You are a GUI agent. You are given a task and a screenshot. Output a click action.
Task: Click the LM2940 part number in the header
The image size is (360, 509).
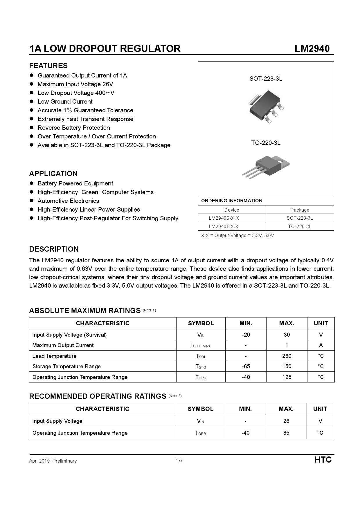(x=312, y=48)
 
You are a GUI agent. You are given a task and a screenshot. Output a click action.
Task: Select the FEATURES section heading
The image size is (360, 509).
(x=48, y=66)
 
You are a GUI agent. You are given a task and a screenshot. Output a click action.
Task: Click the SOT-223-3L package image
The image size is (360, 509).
(x=266, y=106)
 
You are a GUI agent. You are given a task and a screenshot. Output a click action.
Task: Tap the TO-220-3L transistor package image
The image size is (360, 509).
(x=266, y=166)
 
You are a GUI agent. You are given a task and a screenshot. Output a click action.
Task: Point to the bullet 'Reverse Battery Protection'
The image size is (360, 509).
(x=74, y=128)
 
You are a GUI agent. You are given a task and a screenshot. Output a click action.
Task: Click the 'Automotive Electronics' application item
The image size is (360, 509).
(x=68, y=201)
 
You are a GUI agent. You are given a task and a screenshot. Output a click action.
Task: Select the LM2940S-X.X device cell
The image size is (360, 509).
(x=224, y=218)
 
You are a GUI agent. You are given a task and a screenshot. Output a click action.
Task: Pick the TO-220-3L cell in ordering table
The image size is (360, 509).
(x=300, y=226)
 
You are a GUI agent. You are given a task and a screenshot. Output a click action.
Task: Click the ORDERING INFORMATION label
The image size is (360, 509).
(x=231, y=201)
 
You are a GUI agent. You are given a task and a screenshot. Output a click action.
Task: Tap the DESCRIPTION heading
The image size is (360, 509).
(x=54, y=249)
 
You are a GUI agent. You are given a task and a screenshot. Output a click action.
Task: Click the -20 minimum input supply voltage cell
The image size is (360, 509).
(x=246, y=335)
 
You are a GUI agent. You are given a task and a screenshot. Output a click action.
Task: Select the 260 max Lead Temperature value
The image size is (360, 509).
(x=287, y=356)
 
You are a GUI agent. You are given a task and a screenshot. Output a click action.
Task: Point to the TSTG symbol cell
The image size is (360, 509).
(x=201, y=367)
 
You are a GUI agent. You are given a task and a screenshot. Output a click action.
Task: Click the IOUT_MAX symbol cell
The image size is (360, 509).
(x=201, y=345)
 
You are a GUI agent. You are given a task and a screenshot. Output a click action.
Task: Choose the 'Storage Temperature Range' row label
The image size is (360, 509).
(x=66, y=367)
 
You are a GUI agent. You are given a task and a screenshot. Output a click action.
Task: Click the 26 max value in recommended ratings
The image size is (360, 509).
(x=286, y=421)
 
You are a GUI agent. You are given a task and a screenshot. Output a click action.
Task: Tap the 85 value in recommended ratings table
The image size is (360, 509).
(x=286, y=433)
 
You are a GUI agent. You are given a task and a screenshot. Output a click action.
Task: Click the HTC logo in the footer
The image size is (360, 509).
(x=323, y=460)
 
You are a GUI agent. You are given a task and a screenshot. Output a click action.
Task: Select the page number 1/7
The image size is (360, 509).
(x=179, y=461)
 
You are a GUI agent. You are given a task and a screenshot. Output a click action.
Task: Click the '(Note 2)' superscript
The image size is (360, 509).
(x=175, y=396)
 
